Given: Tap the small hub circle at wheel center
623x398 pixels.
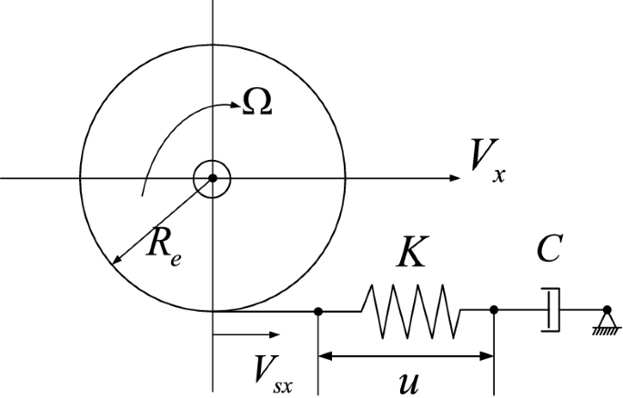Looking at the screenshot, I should tap(212, 178).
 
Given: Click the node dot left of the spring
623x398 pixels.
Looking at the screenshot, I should tap(318, 312).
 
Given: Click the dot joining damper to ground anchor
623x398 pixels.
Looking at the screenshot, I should tap(607, 311).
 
